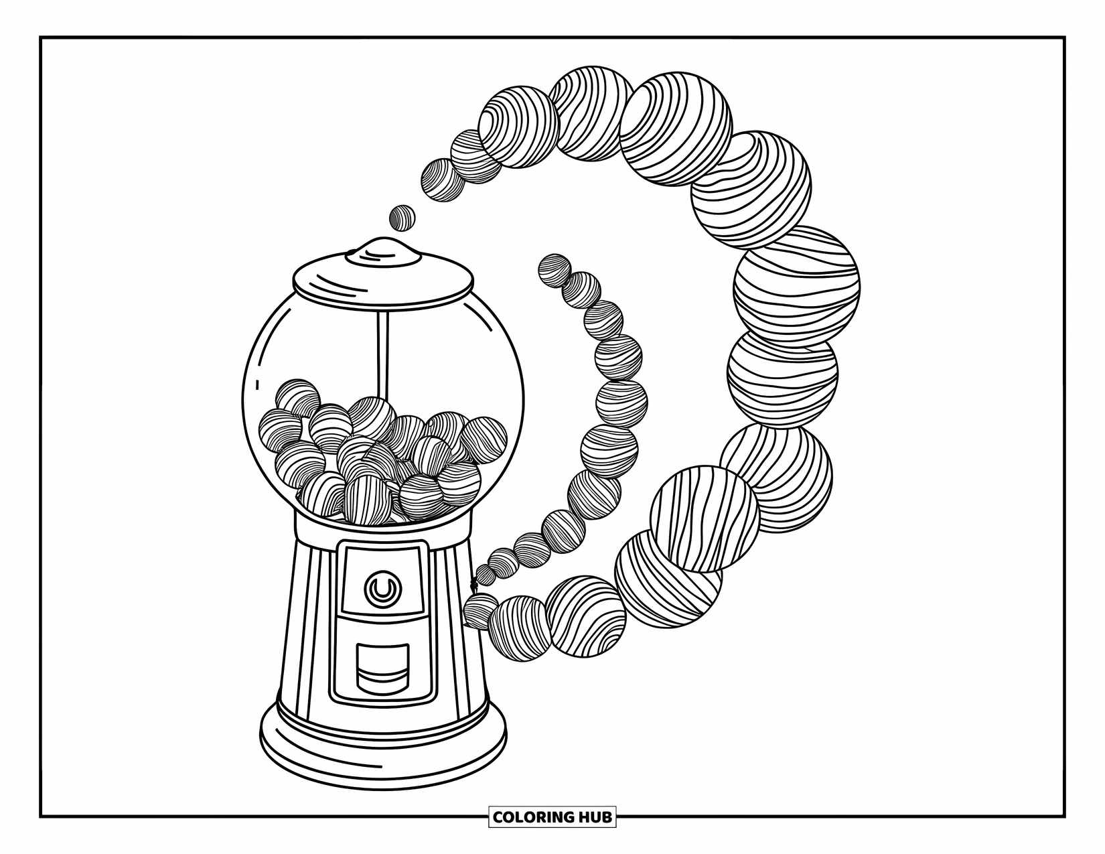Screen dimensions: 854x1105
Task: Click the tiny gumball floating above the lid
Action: point(402,218)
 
